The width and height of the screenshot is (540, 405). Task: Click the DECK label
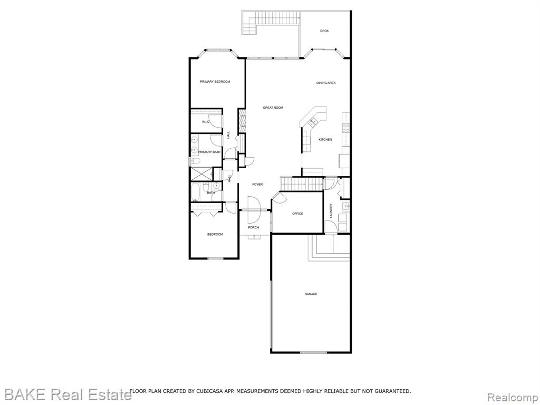tap(324, 31)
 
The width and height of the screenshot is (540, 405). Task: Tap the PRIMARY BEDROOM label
tap(215, 82)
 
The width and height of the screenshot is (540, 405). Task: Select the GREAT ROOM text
tap(273, 108)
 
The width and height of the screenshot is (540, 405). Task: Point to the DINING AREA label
tap(326, 83)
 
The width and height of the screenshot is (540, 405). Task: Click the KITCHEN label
tap(325, 139)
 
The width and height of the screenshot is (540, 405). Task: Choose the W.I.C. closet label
tap(206, 122)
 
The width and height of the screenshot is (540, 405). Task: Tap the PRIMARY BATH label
tap(209, 152)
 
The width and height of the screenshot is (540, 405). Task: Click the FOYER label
tap(257, 185)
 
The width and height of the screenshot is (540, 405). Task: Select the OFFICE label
tap(297, 214)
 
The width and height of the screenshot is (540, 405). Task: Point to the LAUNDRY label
tap(331, 211)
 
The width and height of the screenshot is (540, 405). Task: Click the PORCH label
tap(254, 227)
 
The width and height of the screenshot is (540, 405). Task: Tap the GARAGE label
tap(311, 294)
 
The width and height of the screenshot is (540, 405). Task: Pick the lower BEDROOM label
tap(215, 235)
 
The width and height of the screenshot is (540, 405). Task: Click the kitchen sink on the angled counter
tap(313, 122)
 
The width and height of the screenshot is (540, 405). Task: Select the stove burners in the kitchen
tap(345, 128)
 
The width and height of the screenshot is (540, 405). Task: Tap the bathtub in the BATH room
tap(196, 192)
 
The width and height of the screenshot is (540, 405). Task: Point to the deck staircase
tap(249, 23)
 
